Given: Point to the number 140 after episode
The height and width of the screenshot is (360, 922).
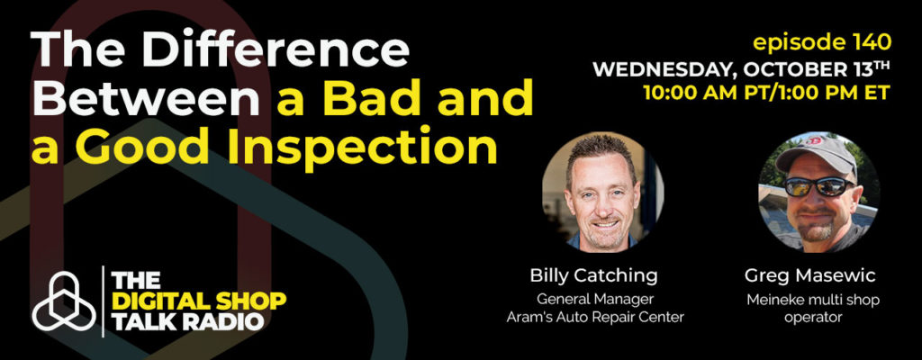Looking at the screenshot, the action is pos(868,41).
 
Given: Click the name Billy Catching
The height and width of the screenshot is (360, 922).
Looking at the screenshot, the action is pos(594,276).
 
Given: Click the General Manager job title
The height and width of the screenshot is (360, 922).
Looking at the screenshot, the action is pos(594,300).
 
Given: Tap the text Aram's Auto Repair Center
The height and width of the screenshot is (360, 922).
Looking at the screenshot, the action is pos(595,318).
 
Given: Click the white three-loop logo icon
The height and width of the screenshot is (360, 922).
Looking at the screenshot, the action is pos(64,301).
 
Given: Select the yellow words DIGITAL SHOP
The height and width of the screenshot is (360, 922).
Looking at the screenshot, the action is pos(199,301).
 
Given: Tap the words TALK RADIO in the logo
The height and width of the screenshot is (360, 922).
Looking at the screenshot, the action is pos(187,322).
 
